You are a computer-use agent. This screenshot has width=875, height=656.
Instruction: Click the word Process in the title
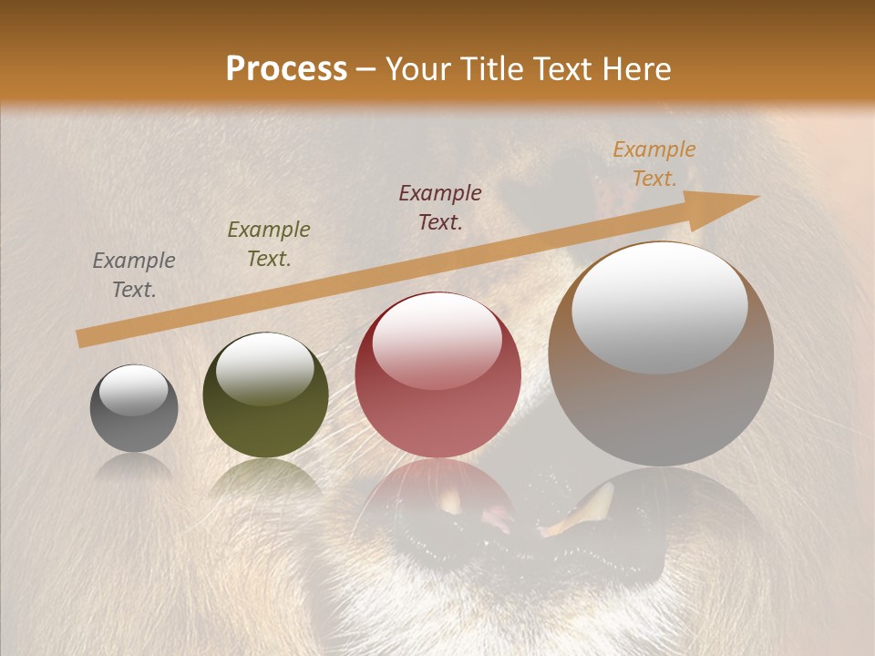click(x=286, y=69)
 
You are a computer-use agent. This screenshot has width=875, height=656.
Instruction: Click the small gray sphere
click(x=134, y=409)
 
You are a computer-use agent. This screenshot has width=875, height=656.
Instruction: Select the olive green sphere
click(x=265, y=395)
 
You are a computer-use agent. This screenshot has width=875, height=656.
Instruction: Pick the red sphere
click(x=437, y=375)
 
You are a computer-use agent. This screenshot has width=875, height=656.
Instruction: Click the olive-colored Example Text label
click(x=269, y=244)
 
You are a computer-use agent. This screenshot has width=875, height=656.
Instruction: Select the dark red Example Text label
click(x=440, y=207)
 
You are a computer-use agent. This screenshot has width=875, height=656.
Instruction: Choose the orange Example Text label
click(x=654, y=164)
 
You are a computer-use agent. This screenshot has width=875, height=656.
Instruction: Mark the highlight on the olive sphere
click(x=264, y=368)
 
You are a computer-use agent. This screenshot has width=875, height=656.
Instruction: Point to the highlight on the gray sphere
click(x=133, y=389)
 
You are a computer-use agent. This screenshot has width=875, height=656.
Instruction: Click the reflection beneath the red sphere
click(x=437, y=497)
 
